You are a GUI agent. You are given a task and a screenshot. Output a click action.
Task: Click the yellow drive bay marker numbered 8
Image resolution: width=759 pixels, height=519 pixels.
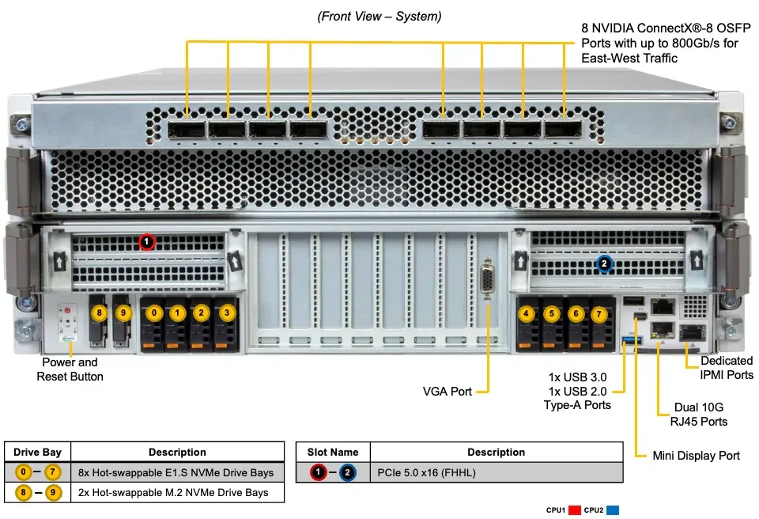(x=100, y=313)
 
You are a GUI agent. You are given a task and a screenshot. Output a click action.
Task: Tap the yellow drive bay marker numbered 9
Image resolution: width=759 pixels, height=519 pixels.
(x=123, y=313)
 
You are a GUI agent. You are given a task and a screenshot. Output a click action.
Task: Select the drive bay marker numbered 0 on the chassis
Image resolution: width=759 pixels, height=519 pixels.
(x=154, y=313)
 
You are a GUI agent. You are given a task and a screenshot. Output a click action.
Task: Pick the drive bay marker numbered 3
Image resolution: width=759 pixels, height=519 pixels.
(x=227, y=313)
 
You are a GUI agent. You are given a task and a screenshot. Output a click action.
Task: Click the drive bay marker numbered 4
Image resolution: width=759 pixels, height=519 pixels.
(x=527, y=313)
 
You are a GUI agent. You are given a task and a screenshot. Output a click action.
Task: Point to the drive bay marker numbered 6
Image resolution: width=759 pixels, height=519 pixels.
(x=576, y=313)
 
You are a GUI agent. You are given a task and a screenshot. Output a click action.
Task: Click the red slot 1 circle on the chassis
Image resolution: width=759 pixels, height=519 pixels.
(x=147, y=241)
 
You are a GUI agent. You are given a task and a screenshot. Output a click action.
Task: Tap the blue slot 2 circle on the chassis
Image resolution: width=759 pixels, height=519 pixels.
(x=604, y=264)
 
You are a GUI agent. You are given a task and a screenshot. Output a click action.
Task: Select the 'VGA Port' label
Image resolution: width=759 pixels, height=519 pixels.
(x=447, y=392)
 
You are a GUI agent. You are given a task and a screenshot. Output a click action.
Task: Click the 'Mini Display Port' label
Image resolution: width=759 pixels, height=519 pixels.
(x=696, y=456)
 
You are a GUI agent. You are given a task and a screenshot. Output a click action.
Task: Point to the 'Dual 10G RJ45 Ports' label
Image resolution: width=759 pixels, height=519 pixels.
(x=698, y=415)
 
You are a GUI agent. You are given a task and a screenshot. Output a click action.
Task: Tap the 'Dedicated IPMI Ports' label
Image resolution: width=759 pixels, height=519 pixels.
(x=727, y=368)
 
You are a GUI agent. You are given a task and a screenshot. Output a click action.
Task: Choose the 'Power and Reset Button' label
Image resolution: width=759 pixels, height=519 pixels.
(x=70, y=369)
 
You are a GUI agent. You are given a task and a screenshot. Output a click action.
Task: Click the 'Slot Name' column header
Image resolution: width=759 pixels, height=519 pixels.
(x=333, y=452)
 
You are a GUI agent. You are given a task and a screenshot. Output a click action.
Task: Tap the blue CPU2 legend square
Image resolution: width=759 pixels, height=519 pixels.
(x=613, y=510)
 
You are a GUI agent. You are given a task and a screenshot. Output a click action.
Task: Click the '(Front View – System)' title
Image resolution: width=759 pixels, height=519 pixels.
(x=379, y=17)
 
